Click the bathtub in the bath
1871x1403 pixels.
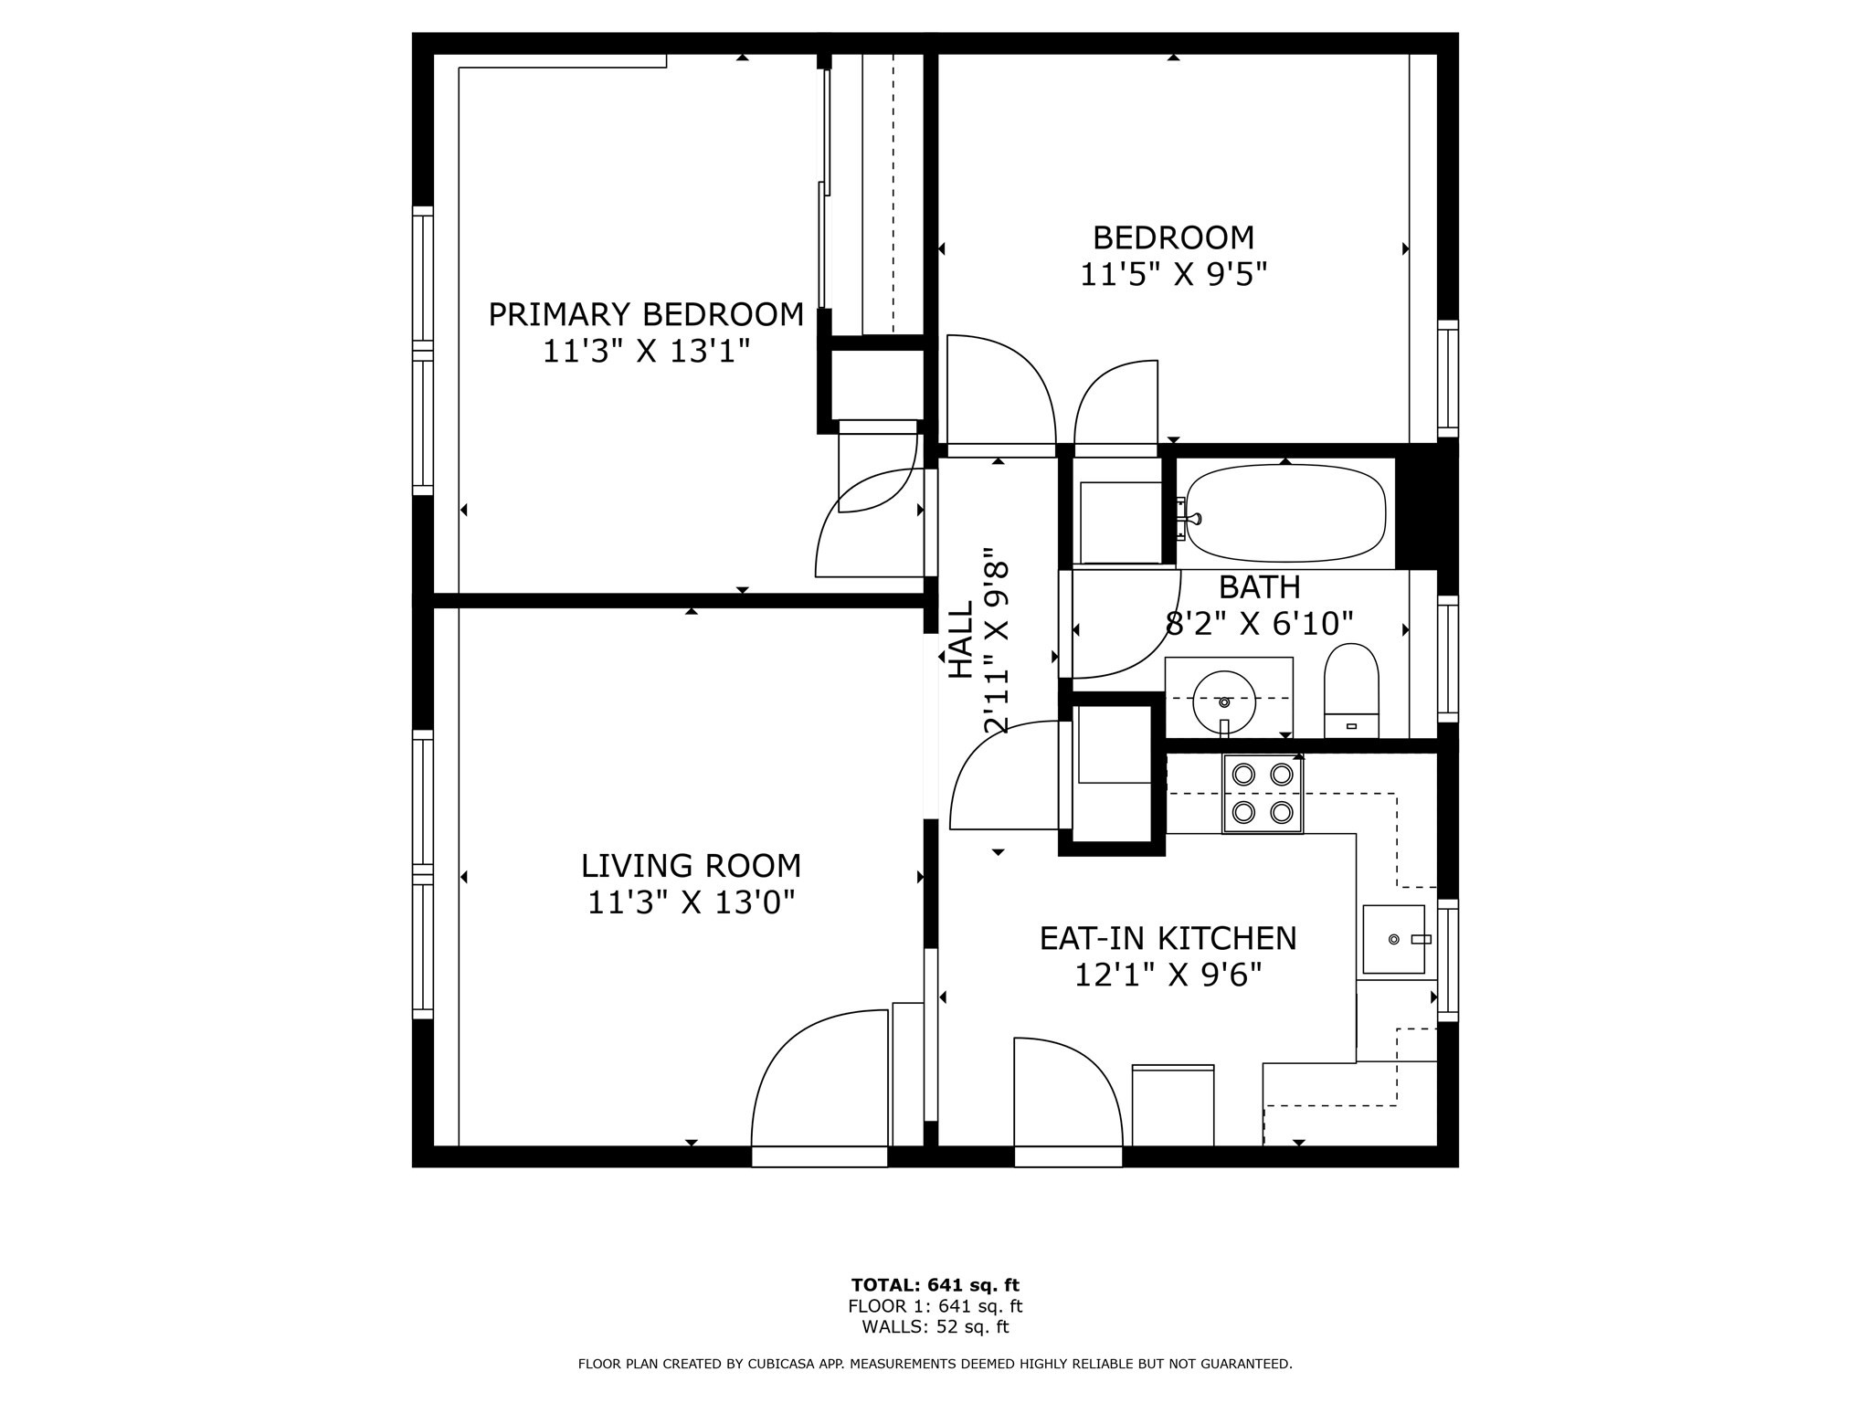(x=1285, y=513)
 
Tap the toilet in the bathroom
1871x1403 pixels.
(x=1351, y=691)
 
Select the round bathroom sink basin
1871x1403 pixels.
(x=1224, y=701)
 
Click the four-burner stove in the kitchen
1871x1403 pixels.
(x=1263, y=794)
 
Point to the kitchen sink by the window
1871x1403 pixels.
(x=1393, y=939)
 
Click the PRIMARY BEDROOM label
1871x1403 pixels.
(x=646, y=314)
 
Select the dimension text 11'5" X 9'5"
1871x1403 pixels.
(x=1173, y=274)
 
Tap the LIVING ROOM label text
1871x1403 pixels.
(x=691, y=865)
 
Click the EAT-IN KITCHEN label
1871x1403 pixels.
(x=1168, y=938)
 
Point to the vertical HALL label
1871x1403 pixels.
(x=960, y=639)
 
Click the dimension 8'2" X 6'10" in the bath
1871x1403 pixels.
(x=1259, y=624)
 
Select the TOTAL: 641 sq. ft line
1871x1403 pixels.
(x=935, y=1285)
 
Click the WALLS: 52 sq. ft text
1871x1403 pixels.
(x=935, y=1327)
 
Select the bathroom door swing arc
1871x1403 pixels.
(x=1124, y=630)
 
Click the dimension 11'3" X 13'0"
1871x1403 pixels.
(x=691, y=902)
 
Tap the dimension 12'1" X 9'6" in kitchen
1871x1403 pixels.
(x=1168, y=976)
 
